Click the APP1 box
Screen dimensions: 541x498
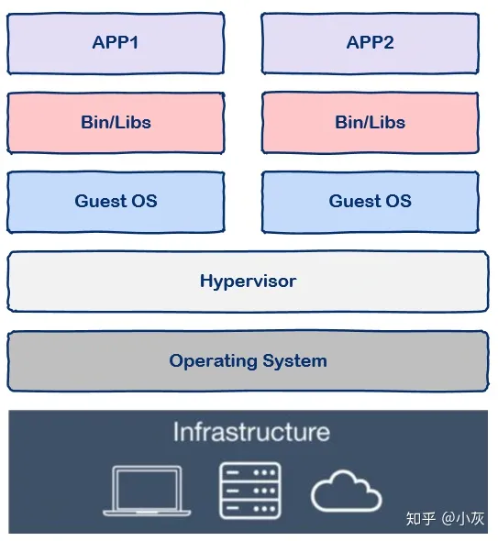click(116, 43)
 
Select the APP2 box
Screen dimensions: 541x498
click(370, 43)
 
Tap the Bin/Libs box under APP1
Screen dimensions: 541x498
click(116, 122)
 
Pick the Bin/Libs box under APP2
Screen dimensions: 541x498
click(370, 122)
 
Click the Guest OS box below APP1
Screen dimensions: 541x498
click(116, 201)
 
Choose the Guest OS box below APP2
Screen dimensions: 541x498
click(370, 201)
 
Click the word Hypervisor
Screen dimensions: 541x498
click(248, 282)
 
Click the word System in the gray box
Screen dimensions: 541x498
click(294, 361)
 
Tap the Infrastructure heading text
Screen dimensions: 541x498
click(250, 432)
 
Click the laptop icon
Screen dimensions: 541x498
click(147, 491)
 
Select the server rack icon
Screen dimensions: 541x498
click(249, 491)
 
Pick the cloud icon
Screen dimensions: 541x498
click(346, 493)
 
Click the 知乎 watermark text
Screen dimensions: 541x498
click(421, 519)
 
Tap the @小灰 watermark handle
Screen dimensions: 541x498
click(463, 519)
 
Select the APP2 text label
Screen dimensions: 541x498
click(370, 43)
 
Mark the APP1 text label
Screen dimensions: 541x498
click(116, 43)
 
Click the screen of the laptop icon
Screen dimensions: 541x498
click(147, 486)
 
